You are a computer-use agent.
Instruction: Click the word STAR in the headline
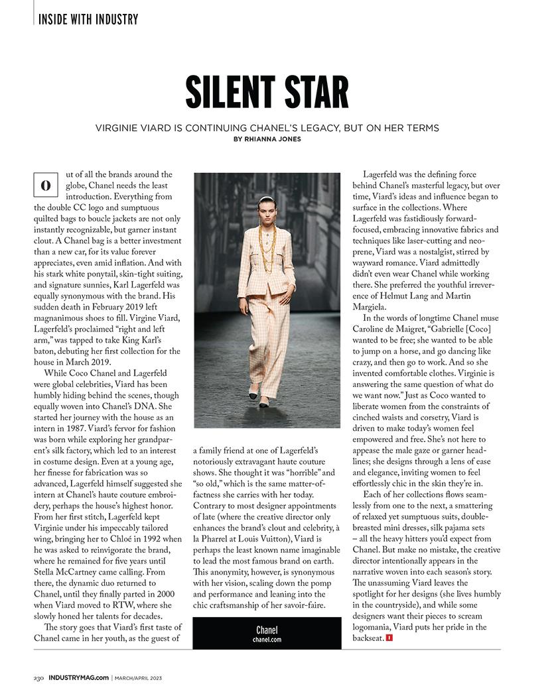[x=311, y=92]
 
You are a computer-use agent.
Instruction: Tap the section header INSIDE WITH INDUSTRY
[x=88, y=19]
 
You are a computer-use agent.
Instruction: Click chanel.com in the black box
[x=267, y=640]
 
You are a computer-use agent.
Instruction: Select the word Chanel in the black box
[x=267, y=630]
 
